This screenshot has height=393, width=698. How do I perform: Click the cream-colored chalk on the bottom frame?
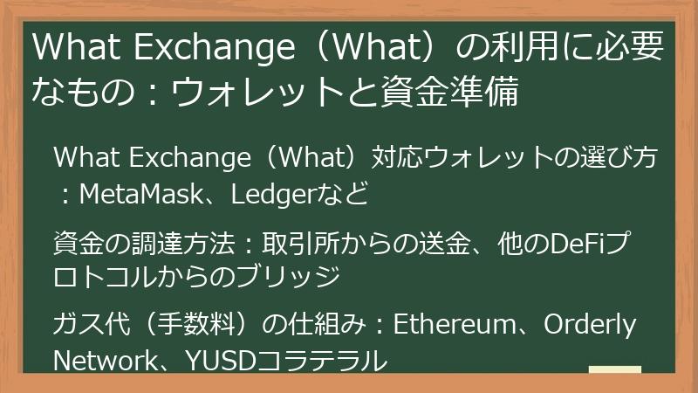[615, 370]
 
